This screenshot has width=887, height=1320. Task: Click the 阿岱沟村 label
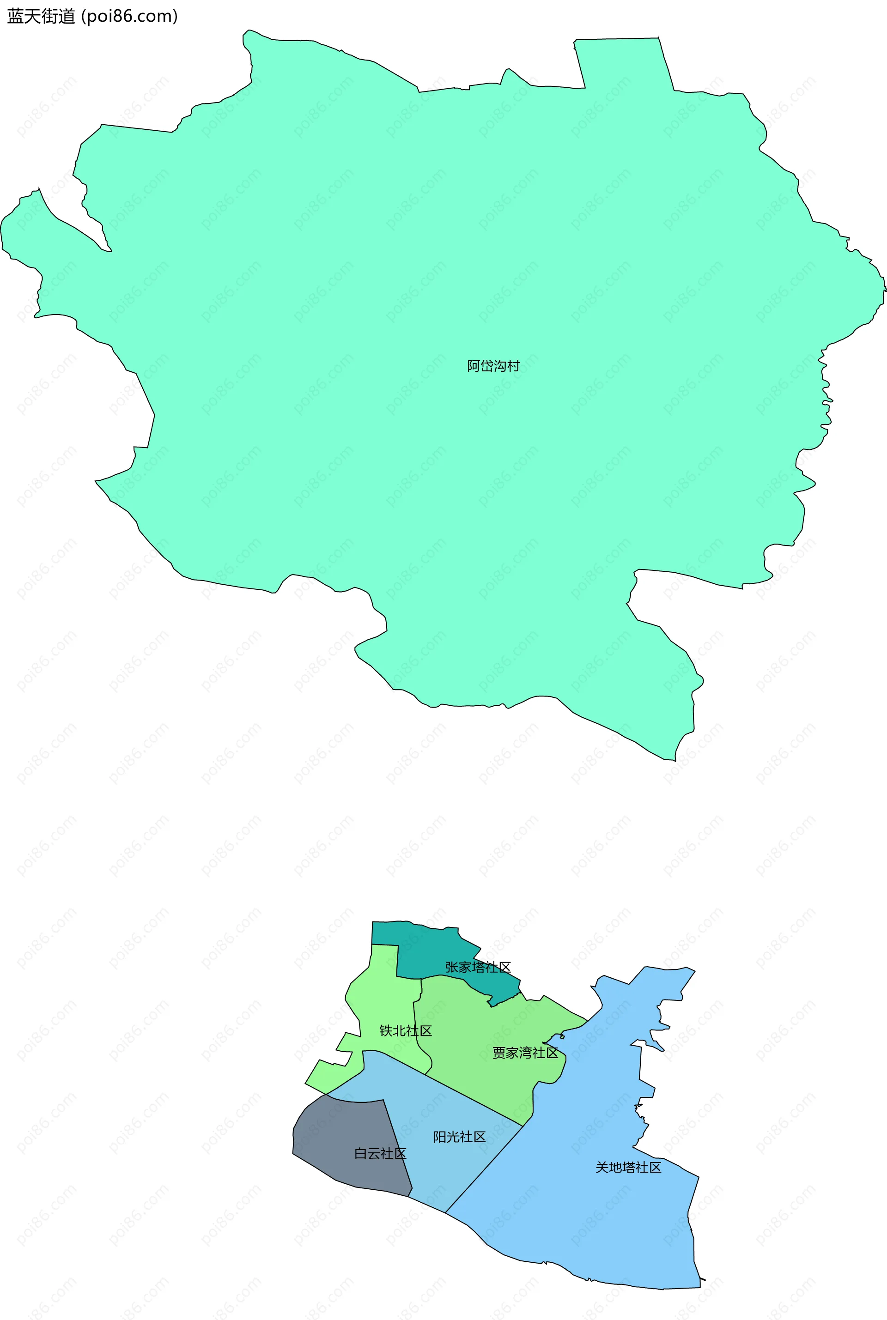point(493,366)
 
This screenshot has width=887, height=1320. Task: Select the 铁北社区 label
point(406,1030)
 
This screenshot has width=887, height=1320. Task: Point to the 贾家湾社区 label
point(525,1053)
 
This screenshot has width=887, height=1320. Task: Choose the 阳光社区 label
point(459,1137)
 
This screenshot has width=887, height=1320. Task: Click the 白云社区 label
point(380,1154)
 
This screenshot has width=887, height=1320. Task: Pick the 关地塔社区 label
point(628,1167)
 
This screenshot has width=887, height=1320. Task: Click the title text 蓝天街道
point(41,17)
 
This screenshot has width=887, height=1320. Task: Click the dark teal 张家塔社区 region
point(430,950)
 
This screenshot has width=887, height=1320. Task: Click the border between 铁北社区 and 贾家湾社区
point(415,1023)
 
